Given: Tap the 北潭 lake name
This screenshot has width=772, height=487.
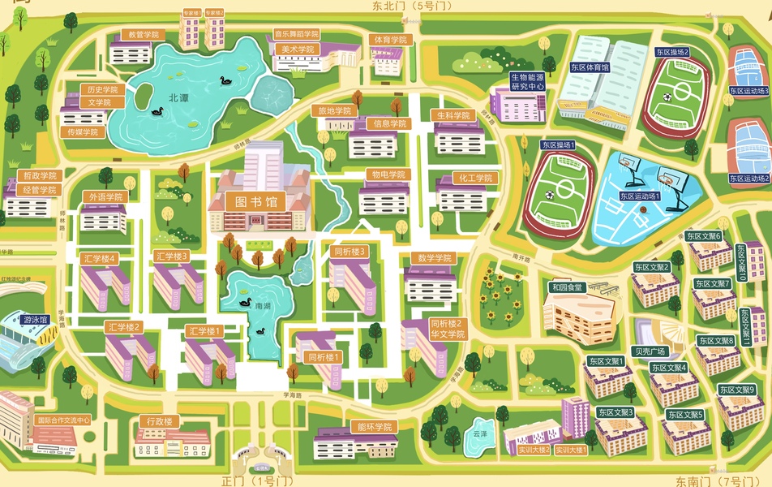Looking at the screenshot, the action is [178, 97].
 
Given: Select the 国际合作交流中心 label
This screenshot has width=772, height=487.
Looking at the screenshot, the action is [63, 420].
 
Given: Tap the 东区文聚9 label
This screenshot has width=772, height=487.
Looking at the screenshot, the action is [736, 390].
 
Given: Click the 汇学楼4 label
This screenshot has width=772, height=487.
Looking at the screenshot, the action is [101, 258].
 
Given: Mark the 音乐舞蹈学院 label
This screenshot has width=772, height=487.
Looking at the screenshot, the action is [296, 35].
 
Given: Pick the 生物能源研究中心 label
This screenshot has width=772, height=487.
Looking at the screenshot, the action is [527, 81].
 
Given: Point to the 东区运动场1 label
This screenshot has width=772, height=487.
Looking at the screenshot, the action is [640, 196].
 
